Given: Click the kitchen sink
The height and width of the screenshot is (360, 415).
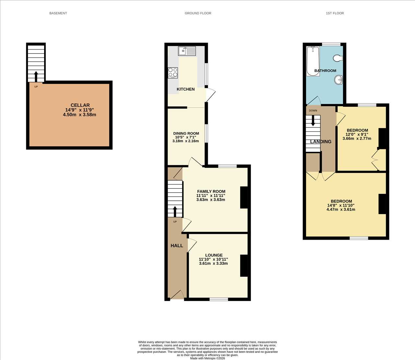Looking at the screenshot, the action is (187, 51).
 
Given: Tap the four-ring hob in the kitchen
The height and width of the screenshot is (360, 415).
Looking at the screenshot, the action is (173, 73).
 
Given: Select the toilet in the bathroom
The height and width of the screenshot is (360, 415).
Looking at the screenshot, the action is (338, 58).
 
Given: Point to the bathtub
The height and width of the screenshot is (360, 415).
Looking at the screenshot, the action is (313, 61).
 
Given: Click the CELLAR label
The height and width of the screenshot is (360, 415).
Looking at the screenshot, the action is (80, 105).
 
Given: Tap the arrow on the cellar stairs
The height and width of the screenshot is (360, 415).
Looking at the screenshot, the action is (36, 77).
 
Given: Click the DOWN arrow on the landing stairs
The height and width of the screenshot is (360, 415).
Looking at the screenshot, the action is (313, 121).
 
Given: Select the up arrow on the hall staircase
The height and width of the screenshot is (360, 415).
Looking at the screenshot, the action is (175, 211).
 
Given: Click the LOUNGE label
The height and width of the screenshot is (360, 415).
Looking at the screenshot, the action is (214, 255).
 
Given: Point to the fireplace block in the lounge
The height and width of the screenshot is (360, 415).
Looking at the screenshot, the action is (244, 266).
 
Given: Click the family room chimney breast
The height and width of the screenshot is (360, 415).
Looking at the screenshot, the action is (244, 198).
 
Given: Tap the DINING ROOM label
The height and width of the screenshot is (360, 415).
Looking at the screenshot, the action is (186, 133).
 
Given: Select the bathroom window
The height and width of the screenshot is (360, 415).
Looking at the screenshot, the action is (331, 44).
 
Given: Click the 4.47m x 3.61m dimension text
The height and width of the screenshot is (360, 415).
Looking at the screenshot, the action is (341, 209).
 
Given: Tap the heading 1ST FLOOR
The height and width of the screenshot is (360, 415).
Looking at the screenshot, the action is (335, 13).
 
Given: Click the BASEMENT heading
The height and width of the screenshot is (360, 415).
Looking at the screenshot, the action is (58, 13).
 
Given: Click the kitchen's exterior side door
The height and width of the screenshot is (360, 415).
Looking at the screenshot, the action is (210, 94).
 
